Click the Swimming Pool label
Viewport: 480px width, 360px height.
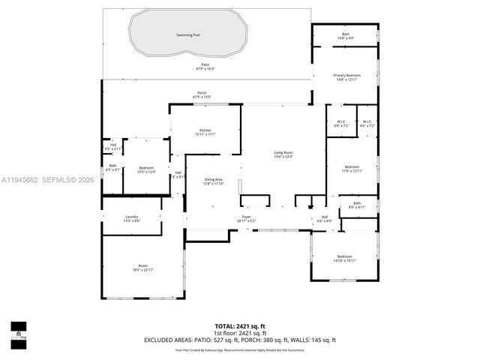pos(187,35)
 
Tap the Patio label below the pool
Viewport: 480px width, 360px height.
pos(205,66)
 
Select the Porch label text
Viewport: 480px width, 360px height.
pos(202,94)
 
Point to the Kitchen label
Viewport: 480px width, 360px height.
pos(205,131)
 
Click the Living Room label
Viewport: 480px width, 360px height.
pos(283,154)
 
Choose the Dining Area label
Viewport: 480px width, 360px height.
pos(214,180)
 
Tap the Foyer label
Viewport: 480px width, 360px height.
pos(246,217)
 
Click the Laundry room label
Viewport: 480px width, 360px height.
pos(131,217)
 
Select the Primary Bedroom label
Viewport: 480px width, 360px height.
pos(347,76)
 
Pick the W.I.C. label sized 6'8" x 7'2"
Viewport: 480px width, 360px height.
pos(340,122)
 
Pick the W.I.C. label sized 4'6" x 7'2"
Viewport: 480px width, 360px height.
pos(367,122)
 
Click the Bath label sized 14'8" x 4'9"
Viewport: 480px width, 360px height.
pos(346,34)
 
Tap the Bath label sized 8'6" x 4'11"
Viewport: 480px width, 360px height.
pos(357,203)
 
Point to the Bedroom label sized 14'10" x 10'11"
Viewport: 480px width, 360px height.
pos(346,257)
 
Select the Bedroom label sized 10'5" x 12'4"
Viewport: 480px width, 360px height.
pos(146,168)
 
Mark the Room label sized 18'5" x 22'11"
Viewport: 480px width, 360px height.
pos(142,265)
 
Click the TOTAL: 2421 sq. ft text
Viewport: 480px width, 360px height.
pos(240,326)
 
